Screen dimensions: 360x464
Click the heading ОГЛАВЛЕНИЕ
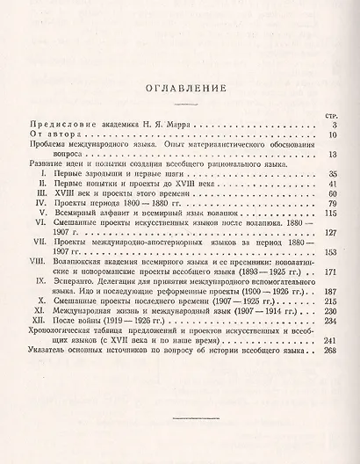click(180, 86)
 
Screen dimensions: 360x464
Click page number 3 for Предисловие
click(335, 127)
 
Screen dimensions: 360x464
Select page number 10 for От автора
click(333, 137)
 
